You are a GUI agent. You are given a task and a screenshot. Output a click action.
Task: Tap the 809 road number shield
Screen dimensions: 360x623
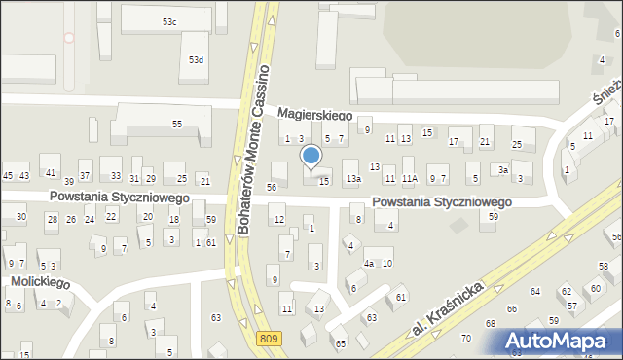[270, 338]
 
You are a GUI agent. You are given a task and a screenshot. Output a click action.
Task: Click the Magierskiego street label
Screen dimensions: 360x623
[313, 114]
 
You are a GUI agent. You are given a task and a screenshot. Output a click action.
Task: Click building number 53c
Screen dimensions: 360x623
[169, 22]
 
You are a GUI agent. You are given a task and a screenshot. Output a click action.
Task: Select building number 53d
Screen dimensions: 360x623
[197, 60]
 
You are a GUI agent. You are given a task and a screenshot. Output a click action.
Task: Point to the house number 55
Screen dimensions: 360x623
[177, 125]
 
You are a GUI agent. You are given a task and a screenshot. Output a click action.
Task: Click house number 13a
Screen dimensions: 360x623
[353, 179]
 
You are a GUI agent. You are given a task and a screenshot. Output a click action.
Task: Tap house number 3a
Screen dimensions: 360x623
[502, 169]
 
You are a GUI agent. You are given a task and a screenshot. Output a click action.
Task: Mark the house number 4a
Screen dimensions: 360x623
[369, 264]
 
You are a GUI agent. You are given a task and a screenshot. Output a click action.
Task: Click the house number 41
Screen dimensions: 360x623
[50, 172]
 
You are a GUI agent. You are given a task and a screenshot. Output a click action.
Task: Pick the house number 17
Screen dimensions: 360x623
[453, 143]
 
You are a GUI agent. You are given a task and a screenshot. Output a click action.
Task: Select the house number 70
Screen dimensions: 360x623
[465, 339]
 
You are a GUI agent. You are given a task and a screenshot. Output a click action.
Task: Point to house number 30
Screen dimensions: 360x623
[20, 216]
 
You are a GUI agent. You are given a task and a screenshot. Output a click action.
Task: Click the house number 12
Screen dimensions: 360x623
[279, 220]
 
